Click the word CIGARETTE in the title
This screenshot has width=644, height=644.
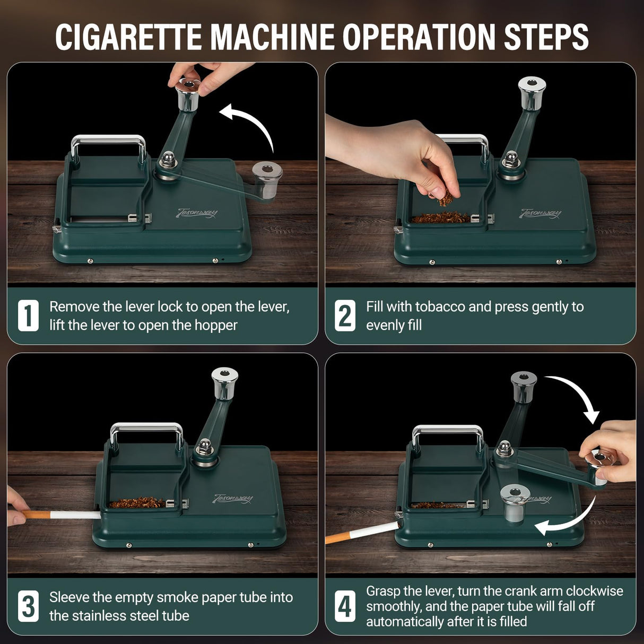[129, 37]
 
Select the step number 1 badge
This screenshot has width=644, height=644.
[28, 316]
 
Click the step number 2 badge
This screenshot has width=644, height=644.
[345, 316]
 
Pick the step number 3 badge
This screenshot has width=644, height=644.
[28, 606]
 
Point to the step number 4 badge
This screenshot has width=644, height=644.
[345, 606]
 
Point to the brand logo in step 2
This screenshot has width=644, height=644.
[541, 213]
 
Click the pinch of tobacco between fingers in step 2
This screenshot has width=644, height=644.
[445, 199]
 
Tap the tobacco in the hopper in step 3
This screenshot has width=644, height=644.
[137, 502]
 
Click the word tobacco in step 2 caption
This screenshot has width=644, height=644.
[439, 307]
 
